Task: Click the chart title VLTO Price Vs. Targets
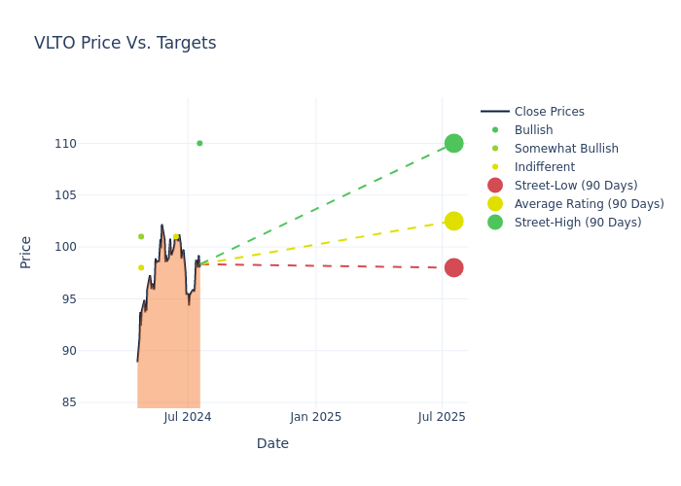click(x=125, y=43)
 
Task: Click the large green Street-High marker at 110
click(x=453, y=143)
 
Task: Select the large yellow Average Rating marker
click(x=453, y=221)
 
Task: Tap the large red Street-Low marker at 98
click(x=453, y=267)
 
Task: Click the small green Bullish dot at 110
click(x=199, y=143)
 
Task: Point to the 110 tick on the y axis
click(x=65, y=144)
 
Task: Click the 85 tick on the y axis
click(x=68, y=402)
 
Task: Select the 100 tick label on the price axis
click(x=65, y=247)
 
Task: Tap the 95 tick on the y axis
click(x=68, y=298)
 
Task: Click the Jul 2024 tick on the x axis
click(x=188, y=417)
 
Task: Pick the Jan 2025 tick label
click(x=315, y=417)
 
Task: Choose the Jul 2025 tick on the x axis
click(x=442, y=417)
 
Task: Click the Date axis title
click(x=272, y=443)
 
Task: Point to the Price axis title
click(x=26, y=252)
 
